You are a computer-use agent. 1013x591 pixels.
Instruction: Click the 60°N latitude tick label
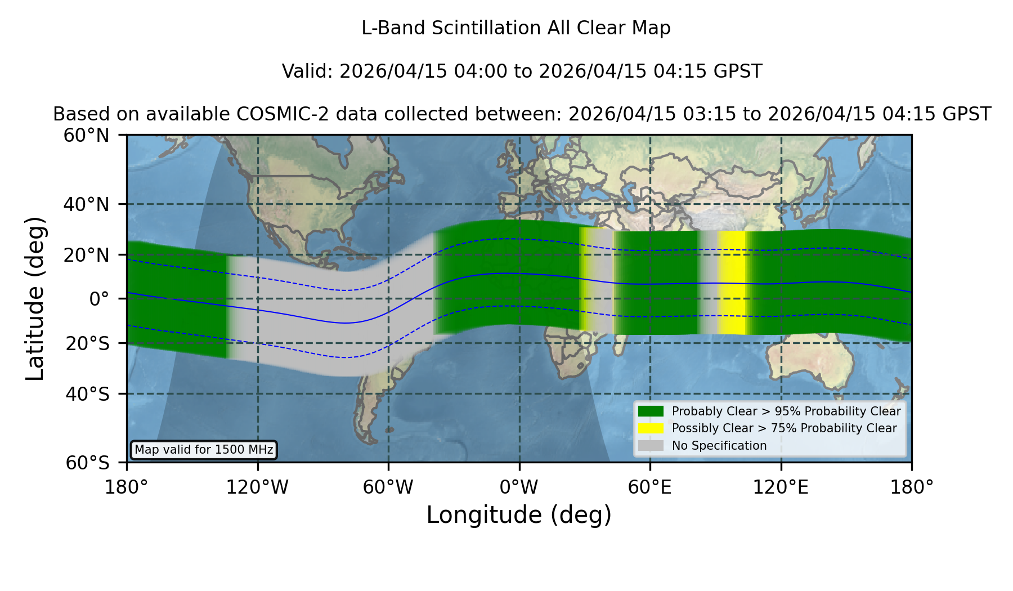point(86,135)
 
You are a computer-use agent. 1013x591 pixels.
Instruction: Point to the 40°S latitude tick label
point(87,394)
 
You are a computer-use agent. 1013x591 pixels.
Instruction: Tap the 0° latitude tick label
point(99,299)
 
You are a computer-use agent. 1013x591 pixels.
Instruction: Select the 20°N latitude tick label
point(86,255)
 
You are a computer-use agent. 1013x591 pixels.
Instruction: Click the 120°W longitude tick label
point(257,487)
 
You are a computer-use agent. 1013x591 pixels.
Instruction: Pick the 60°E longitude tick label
point(650,487)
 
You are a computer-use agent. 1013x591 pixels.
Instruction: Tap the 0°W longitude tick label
point(519,487)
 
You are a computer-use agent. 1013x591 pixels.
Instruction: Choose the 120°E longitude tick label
point(781,487)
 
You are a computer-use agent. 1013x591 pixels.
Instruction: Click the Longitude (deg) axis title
point(519,515)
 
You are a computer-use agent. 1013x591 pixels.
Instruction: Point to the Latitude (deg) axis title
point(35,298)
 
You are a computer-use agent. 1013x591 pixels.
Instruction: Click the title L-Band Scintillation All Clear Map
point(516,28)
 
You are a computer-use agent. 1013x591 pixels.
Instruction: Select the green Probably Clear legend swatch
point(651,411)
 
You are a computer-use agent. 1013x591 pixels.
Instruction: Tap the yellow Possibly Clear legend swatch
point(651,428)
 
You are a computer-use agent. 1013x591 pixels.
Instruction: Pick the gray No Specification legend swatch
point(651,446)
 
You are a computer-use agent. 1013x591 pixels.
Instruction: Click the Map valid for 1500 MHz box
point(204,450)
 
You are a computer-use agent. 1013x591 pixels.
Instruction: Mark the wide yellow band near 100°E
point(732,283)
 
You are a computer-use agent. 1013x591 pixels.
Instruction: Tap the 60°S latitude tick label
point(87,463)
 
